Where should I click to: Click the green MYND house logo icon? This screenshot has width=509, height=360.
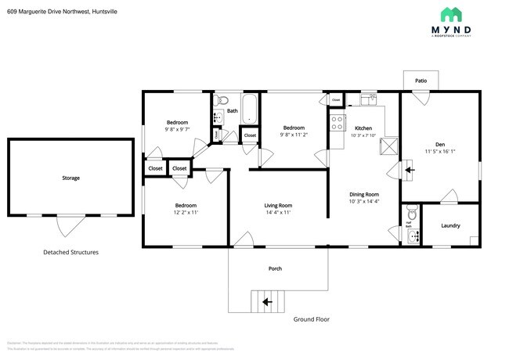point(451,14)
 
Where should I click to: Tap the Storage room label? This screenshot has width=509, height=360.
point(70,178)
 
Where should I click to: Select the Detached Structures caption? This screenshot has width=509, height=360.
point(70,252)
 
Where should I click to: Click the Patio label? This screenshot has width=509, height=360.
point(421,81)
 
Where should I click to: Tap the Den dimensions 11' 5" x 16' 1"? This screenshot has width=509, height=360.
point(439,151)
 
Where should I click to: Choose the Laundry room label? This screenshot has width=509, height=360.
point(450,225)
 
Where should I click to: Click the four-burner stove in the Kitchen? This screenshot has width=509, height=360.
point(338,123)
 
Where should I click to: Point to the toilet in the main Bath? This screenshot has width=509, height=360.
point(222,99)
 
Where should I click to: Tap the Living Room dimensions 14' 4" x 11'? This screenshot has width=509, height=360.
point(278,212)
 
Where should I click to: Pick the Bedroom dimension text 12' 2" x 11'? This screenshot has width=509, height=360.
point(186,212)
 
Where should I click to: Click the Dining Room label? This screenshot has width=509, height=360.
point(364,194)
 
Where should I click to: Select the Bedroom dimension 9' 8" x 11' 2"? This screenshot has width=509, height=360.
point(294,135)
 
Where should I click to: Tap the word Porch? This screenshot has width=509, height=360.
point(275,268)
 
